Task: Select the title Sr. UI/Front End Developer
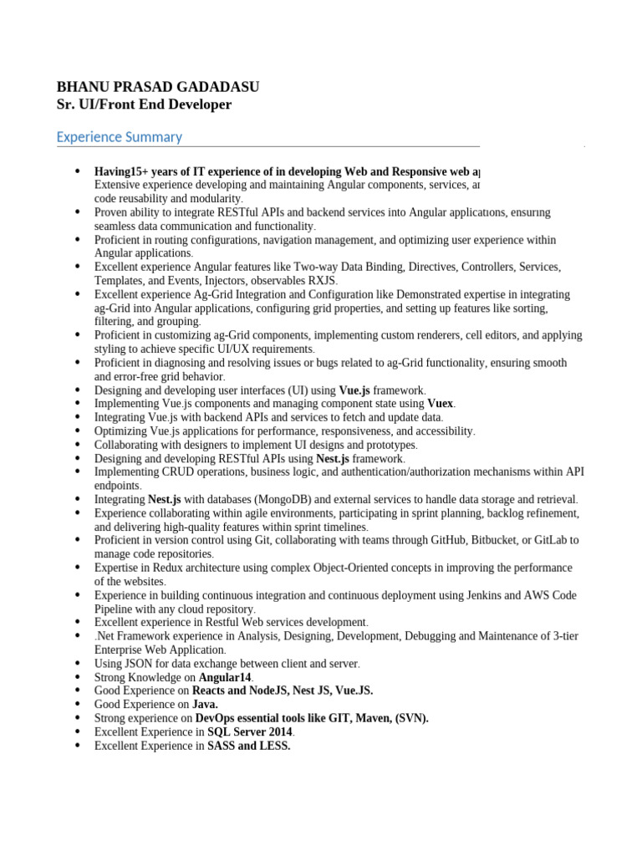[144, 104]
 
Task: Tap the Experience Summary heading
[119, 137]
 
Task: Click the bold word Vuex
[441, 403]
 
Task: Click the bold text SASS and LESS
[249, 746]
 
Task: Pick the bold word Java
[206, 704]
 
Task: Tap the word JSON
[138, 663]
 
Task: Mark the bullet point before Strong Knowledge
[78, 676]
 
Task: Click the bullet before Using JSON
[78, 663]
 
